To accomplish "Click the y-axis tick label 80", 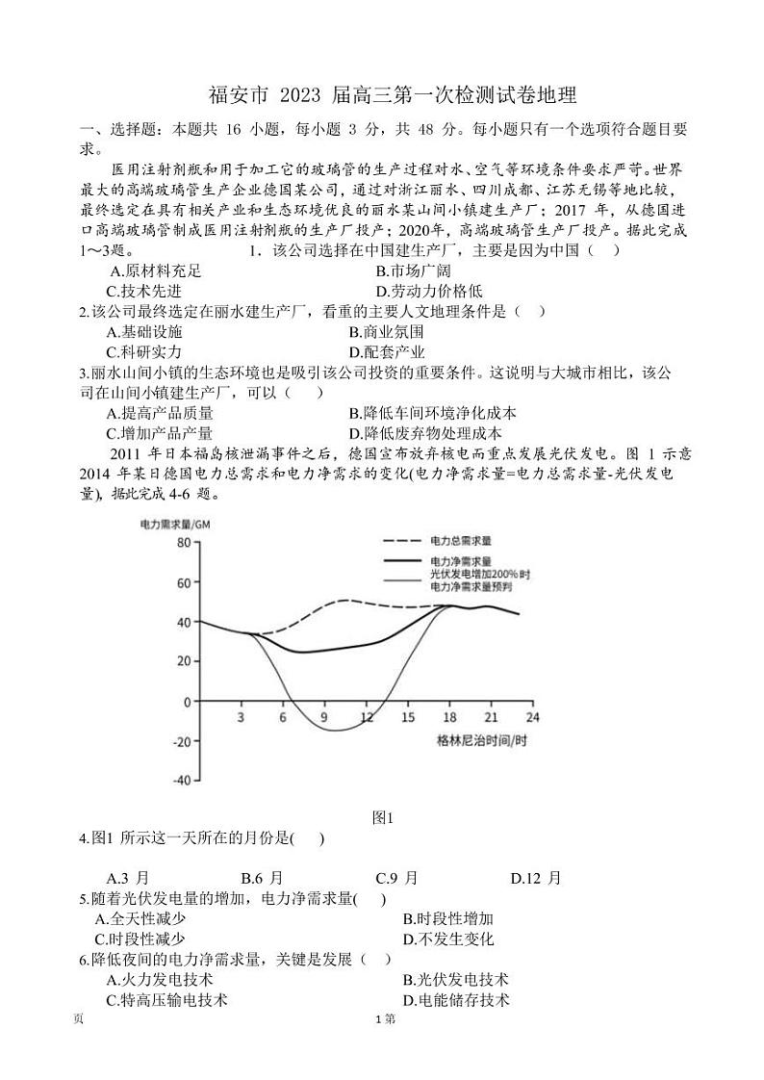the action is pyautogui.click(x=181, y=544).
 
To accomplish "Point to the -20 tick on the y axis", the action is pyautogui.click(x=178, y=740).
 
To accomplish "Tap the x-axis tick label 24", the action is pyautogui.click(x=532, y=717).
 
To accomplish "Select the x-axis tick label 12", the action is pyautogui.click(x=367, y=717).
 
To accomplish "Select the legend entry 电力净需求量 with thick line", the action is pyautogui.click(x=461, y=561).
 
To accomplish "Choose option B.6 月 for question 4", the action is pyautogui.click(x=262, y=878).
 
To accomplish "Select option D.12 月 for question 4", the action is pyautogui.click(x=535, y=878).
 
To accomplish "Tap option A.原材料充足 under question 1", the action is pyautogui.click(x=156, y=271).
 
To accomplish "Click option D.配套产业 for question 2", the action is pyautogui.click(x=387, y=351).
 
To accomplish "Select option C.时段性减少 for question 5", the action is pyautogui.click(x=140, y=939).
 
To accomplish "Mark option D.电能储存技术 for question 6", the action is pyautogui.click(x=455, y=1000).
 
